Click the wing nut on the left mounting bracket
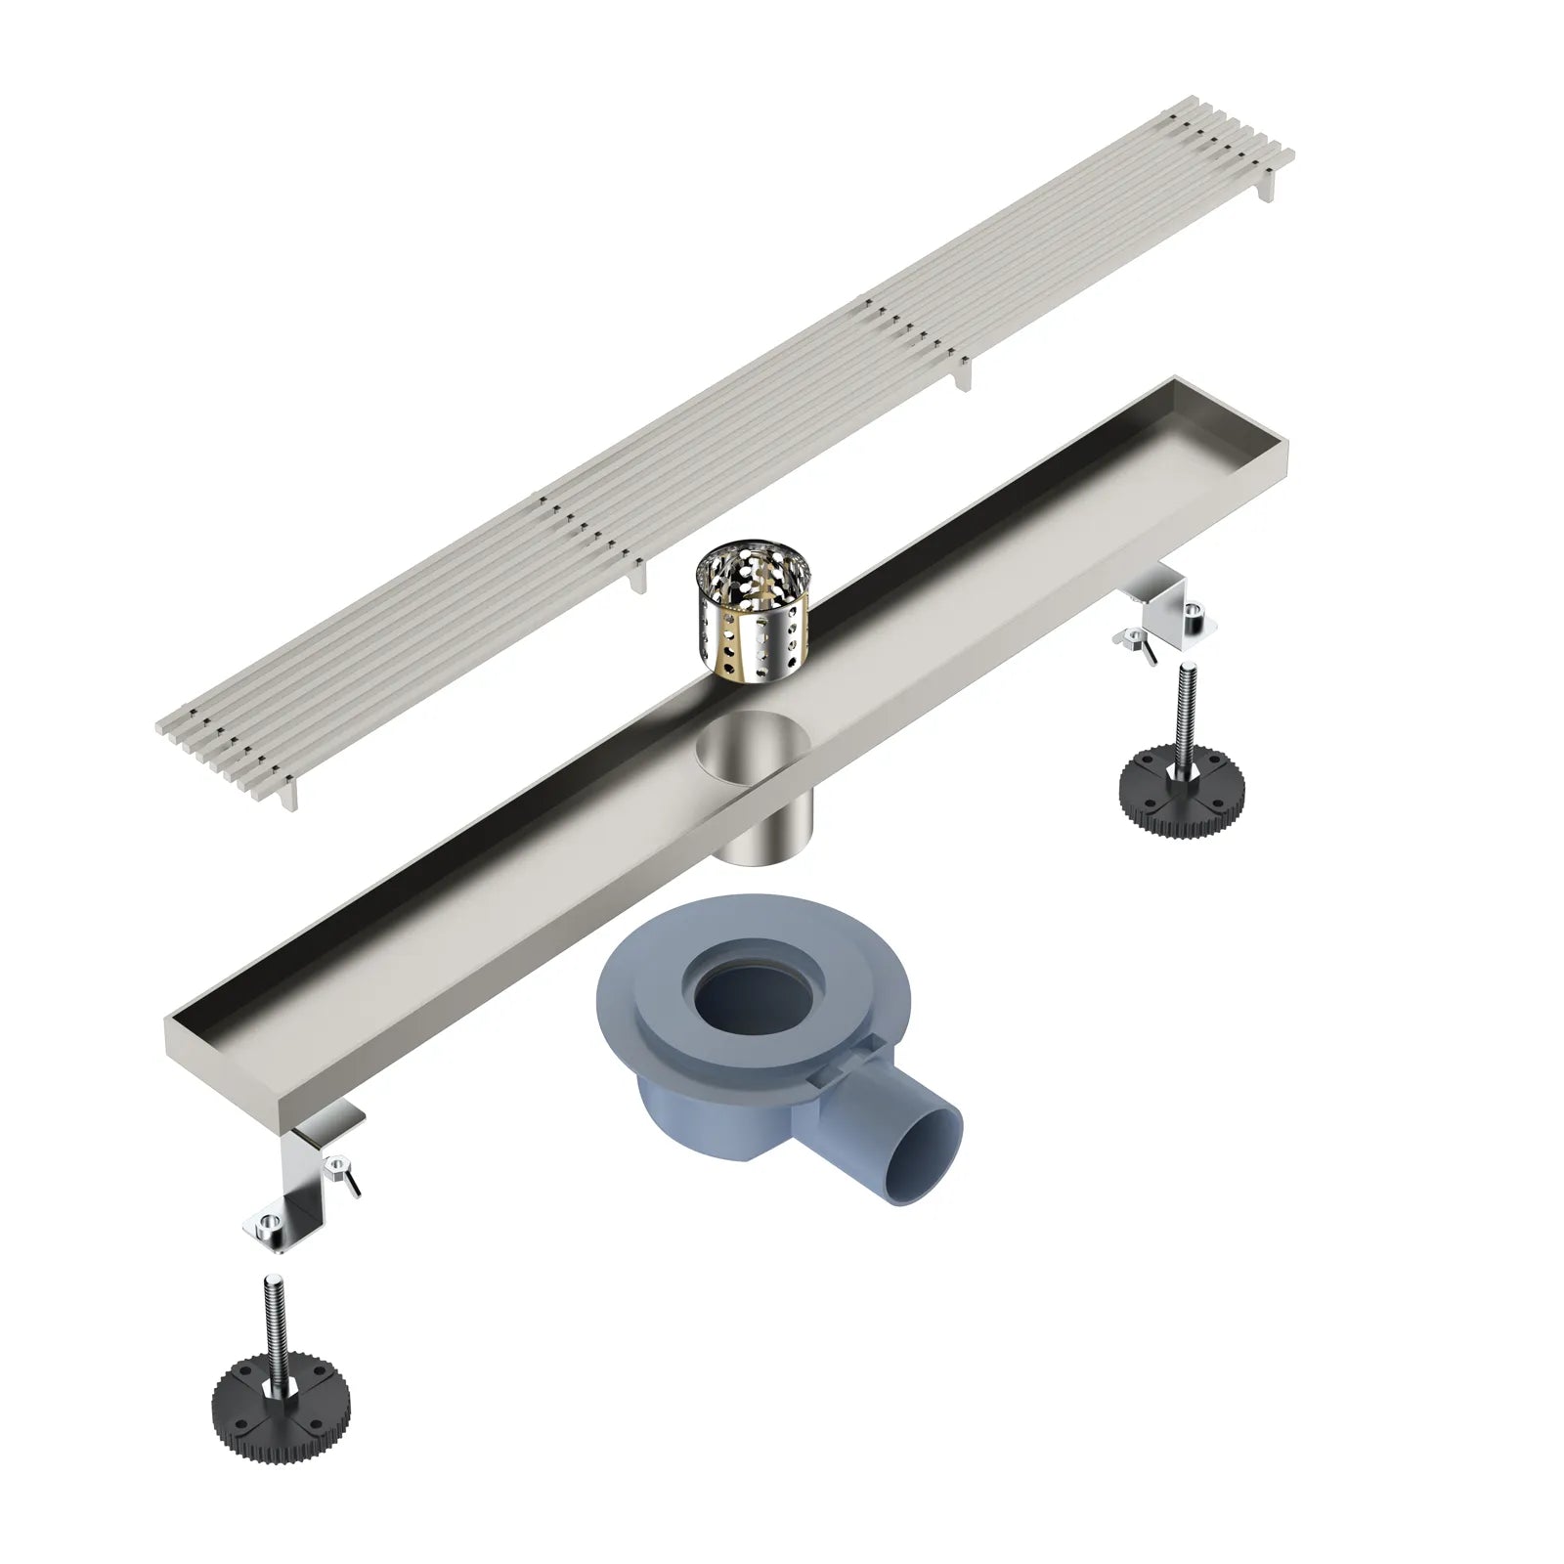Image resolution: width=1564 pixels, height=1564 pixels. [342, 1173]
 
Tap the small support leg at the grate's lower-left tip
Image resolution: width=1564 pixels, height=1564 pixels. [289, 798]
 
